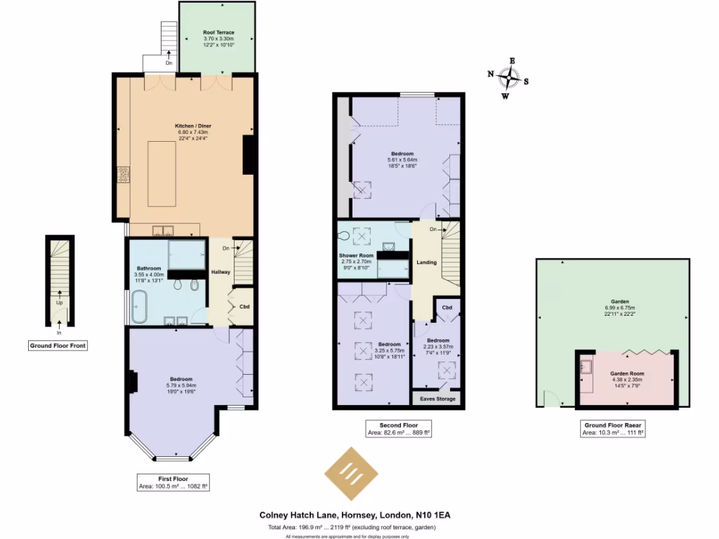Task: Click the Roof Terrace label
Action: tap(218, 33)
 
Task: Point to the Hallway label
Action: tap(220, 272)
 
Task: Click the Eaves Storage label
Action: tap(437, 399)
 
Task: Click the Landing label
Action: tap(426, 262)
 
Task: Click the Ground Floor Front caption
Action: tap(58, 345)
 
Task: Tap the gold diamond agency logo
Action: tap(350, 474)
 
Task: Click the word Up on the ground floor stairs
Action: tap(60, 303)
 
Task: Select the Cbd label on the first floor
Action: tap(244, 306)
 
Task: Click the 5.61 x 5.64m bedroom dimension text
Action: tap(402, 159)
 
